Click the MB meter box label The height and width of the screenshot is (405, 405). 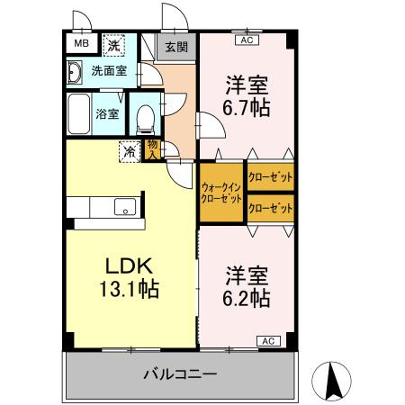(82, 43)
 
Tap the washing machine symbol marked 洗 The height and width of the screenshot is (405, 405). (113, 45)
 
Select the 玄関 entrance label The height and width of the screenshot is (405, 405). (176, 47)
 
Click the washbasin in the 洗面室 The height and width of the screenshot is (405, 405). (74, 72)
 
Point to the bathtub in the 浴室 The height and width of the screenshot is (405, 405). (79, 114)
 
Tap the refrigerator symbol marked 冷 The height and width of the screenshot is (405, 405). (130, 151)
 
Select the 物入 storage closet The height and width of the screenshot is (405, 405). (153, 150)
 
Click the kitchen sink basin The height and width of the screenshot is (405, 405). (125, 207)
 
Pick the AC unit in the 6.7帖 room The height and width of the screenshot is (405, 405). (247, 40)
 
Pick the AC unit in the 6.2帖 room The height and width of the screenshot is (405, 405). (268, 341)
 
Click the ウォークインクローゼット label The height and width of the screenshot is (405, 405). (221, 193)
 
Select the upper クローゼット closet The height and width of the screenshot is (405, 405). (271, 177)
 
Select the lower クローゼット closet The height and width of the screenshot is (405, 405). (271, 208)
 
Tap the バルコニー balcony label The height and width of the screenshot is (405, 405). (180, 374)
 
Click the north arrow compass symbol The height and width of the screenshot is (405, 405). (331, 381)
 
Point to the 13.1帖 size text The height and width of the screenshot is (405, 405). (129, 289)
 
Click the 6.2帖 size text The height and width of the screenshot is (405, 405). (247, 298)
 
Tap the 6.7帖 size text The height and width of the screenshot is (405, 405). (247, 107)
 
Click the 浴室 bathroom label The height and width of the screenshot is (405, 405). (107, 114)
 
